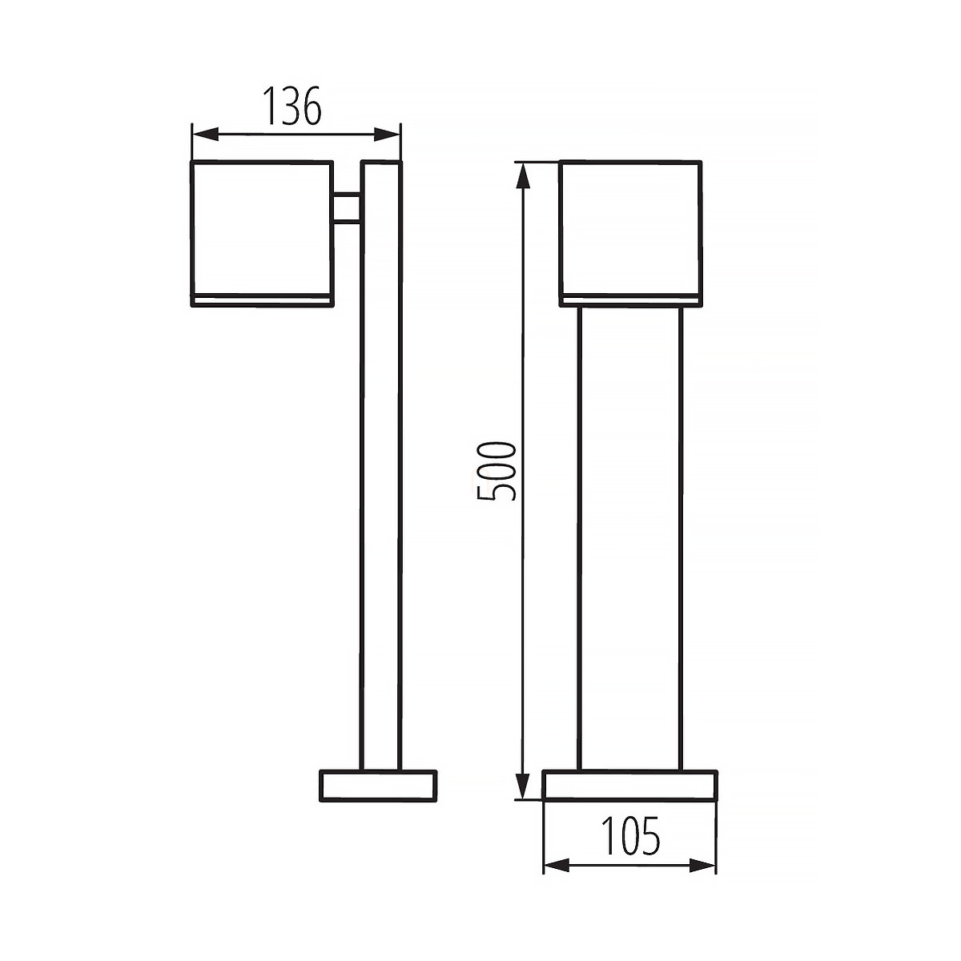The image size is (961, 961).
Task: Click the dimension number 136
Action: click(292, 106)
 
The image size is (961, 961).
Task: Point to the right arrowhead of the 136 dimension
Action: click(387, 134)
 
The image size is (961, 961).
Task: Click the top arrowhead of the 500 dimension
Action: click(522, 175)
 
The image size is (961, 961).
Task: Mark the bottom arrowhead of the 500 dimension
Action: click(522, 786)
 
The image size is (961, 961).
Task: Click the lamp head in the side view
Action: click(263, 233)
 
